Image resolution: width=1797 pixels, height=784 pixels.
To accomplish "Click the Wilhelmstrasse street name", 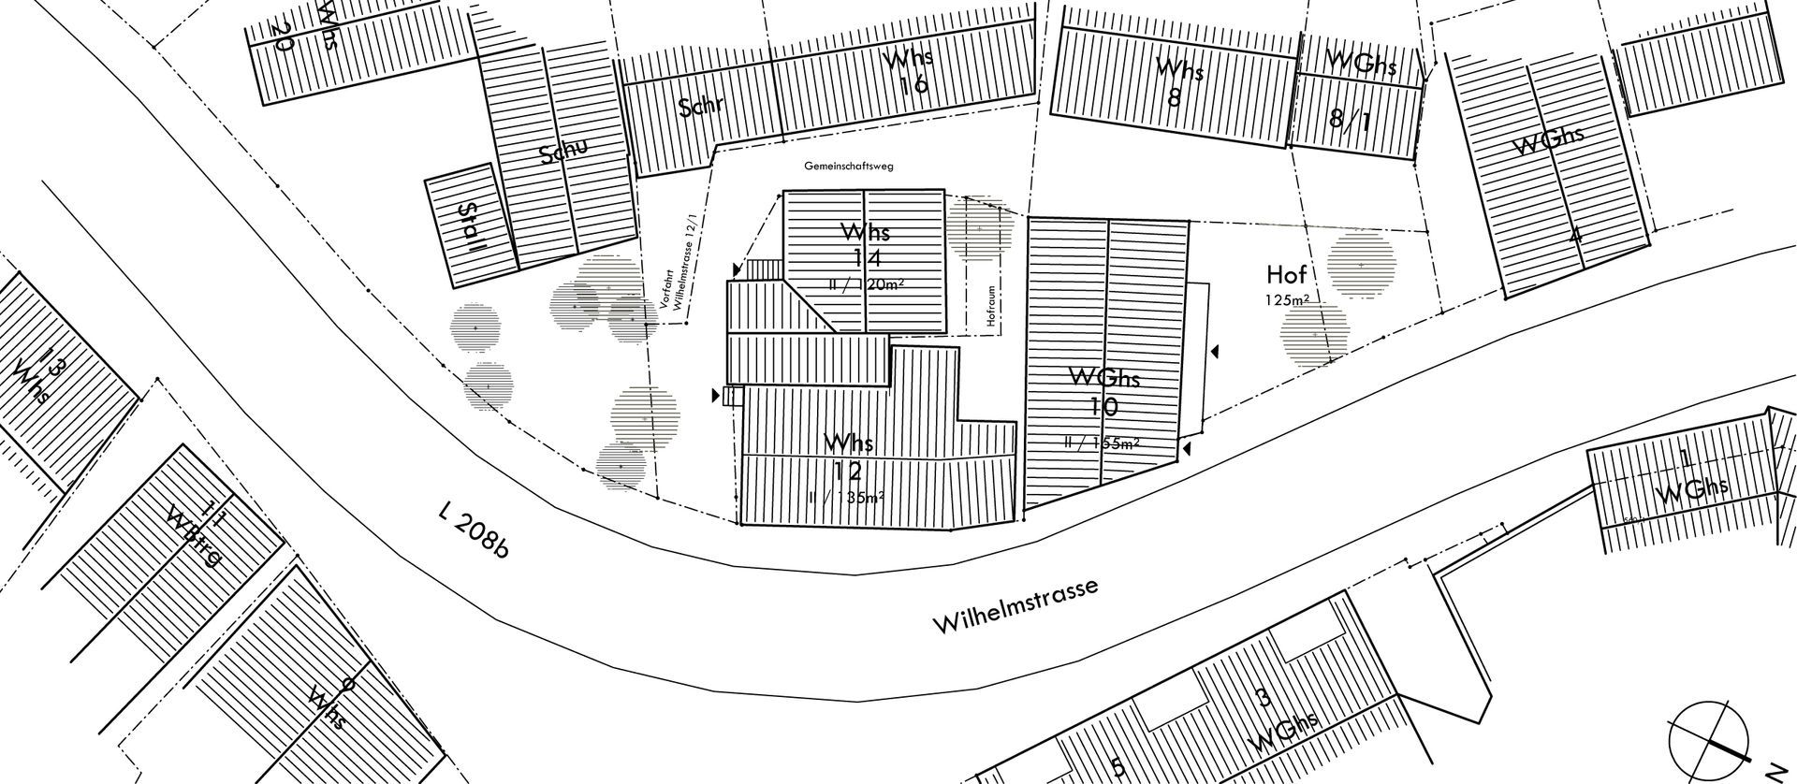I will (x=1015, y=608).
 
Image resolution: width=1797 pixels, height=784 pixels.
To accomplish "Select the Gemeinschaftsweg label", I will (x=849, y=167).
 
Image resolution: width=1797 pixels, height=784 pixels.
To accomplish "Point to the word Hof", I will (x=1286, y=274).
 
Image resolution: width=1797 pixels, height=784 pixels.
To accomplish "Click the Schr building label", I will (x=702, y=106).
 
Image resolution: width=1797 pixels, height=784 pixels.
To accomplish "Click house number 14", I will (x=866, y=258).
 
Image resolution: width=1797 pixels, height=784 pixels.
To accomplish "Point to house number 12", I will (x=850, y=470).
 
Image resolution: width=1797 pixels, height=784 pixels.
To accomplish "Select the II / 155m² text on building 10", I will (x=1102, y=443).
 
